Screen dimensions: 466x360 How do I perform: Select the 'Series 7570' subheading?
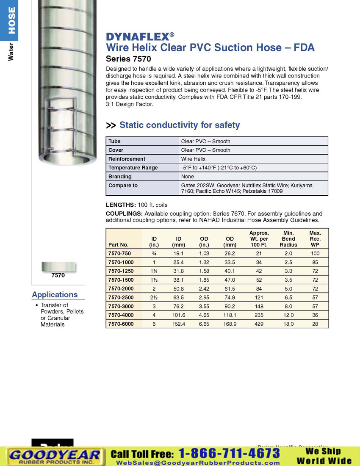[128, 59]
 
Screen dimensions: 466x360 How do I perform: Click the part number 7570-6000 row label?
[121, 324]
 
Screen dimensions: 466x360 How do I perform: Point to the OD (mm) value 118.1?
[230, 315]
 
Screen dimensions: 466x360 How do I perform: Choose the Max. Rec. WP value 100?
[315, 253]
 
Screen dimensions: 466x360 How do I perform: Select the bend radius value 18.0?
[288, 324]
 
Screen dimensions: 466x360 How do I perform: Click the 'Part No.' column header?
[118, 245]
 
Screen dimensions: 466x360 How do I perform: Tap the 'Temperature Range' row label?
[133, 168]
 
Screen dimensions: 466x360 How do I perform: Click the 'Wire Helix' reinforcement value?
[193, 159]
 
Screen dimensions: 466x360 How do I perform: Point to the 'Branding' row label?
[120, 177]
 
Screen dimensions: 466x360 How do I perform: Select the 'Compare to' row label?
[123, 186]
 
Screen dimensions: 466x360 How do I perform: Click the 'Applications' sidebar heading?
[55, 294]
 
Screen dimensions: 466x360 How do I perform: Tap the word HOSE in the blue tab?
[11, 20]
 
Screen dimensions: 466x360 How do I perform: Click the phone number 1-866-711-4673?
[229, 453]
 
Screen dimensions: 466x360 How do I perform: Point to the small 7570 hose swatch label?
[58, 275]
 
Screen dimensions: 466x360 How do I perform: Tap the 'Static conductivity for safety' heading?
[180, 125]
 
